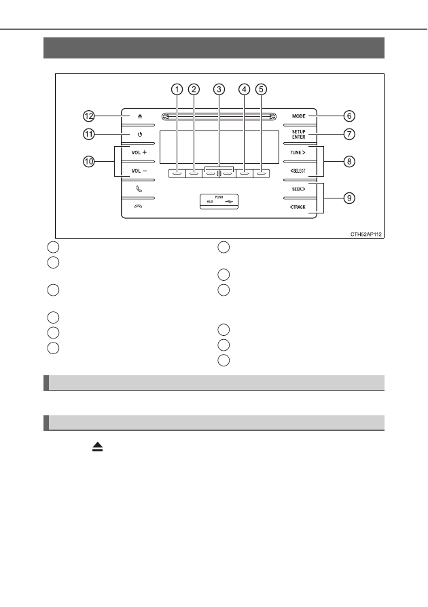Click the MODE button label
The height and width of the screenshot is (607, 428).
[x=299, y=116]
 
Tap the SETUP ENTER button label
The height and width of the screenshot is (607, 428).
[x=299, y=135]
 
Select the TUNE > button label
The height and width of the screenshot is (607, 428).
[x=298, y=152]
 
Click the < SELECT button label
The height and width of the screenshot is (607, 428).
[x=298, y=171]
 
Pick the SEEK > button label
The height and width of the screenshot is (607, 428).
[x=298, y=189]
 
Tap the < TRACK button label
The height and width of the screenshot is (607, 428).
[x=298, y=207]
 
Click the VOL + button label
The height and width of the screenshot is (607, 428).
[x=139, y=152]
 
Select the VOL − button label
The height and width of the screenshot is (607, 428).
[x=139, y=171]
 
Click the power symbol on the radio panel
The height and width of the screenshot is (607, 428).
[x=140, y=135]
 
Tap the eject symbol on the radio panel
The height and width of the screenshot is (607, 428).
[x=140, y=116]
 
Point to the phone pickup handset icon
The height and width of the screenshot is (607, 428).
[x=139, y=189]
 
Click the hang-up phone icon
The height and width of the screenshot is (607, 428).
[x=138, y=207]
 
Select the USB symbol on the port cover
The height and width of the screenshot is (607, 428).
[x=229, y=201]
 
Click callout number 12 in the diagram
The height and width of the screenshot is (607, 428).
[x=89, y=116]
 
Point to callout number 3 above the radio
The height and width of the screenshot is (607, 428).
[x=219, y=90]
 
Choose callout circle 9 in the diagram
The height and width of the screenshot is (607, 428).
[x=349, y=198]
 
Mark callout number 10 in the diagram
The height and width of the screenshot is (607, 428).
[x=89, y=161]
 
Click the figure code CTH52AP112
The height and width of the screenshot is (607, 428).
[x=366, y=235]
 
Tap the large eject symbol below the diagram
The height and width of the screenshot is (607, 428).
[x=98, y=447]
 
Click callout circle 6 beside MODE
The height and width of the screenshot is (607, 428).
[x=349, y=116]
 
